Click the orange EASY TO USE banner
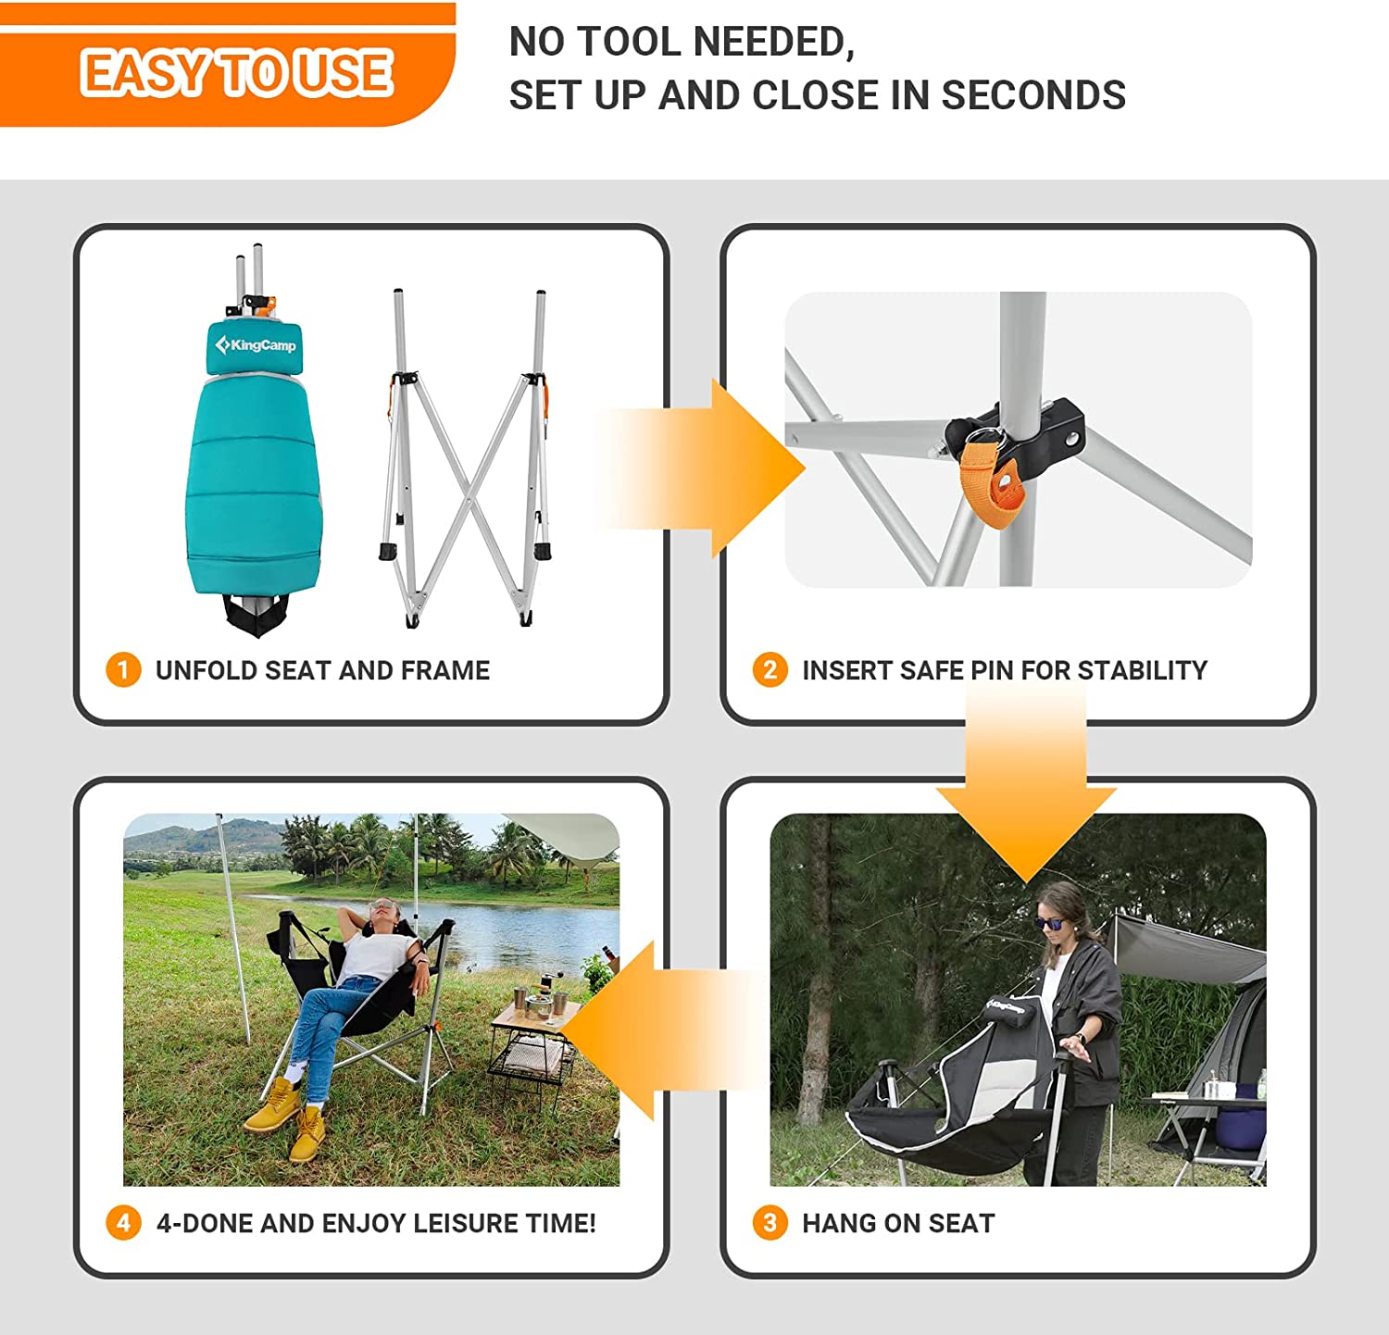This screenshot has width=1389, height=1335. pos(231,74)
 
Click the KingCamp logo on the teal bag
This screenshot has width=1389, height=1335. pos(256,345)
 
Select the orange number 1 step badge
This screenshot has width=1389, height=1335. pos(123,669)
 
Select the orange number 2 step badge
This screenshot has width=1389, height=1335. pos(770,669)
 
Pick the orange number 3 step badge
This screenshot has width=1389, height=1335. pos(770,1223)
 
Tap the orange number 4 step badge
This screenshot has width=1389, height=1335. pos(123,1223)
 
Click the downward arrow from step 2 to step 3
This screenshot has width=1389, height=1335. pos(1026,796)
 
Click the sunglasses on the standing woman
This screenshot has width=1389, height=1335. pos(1049,923)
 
